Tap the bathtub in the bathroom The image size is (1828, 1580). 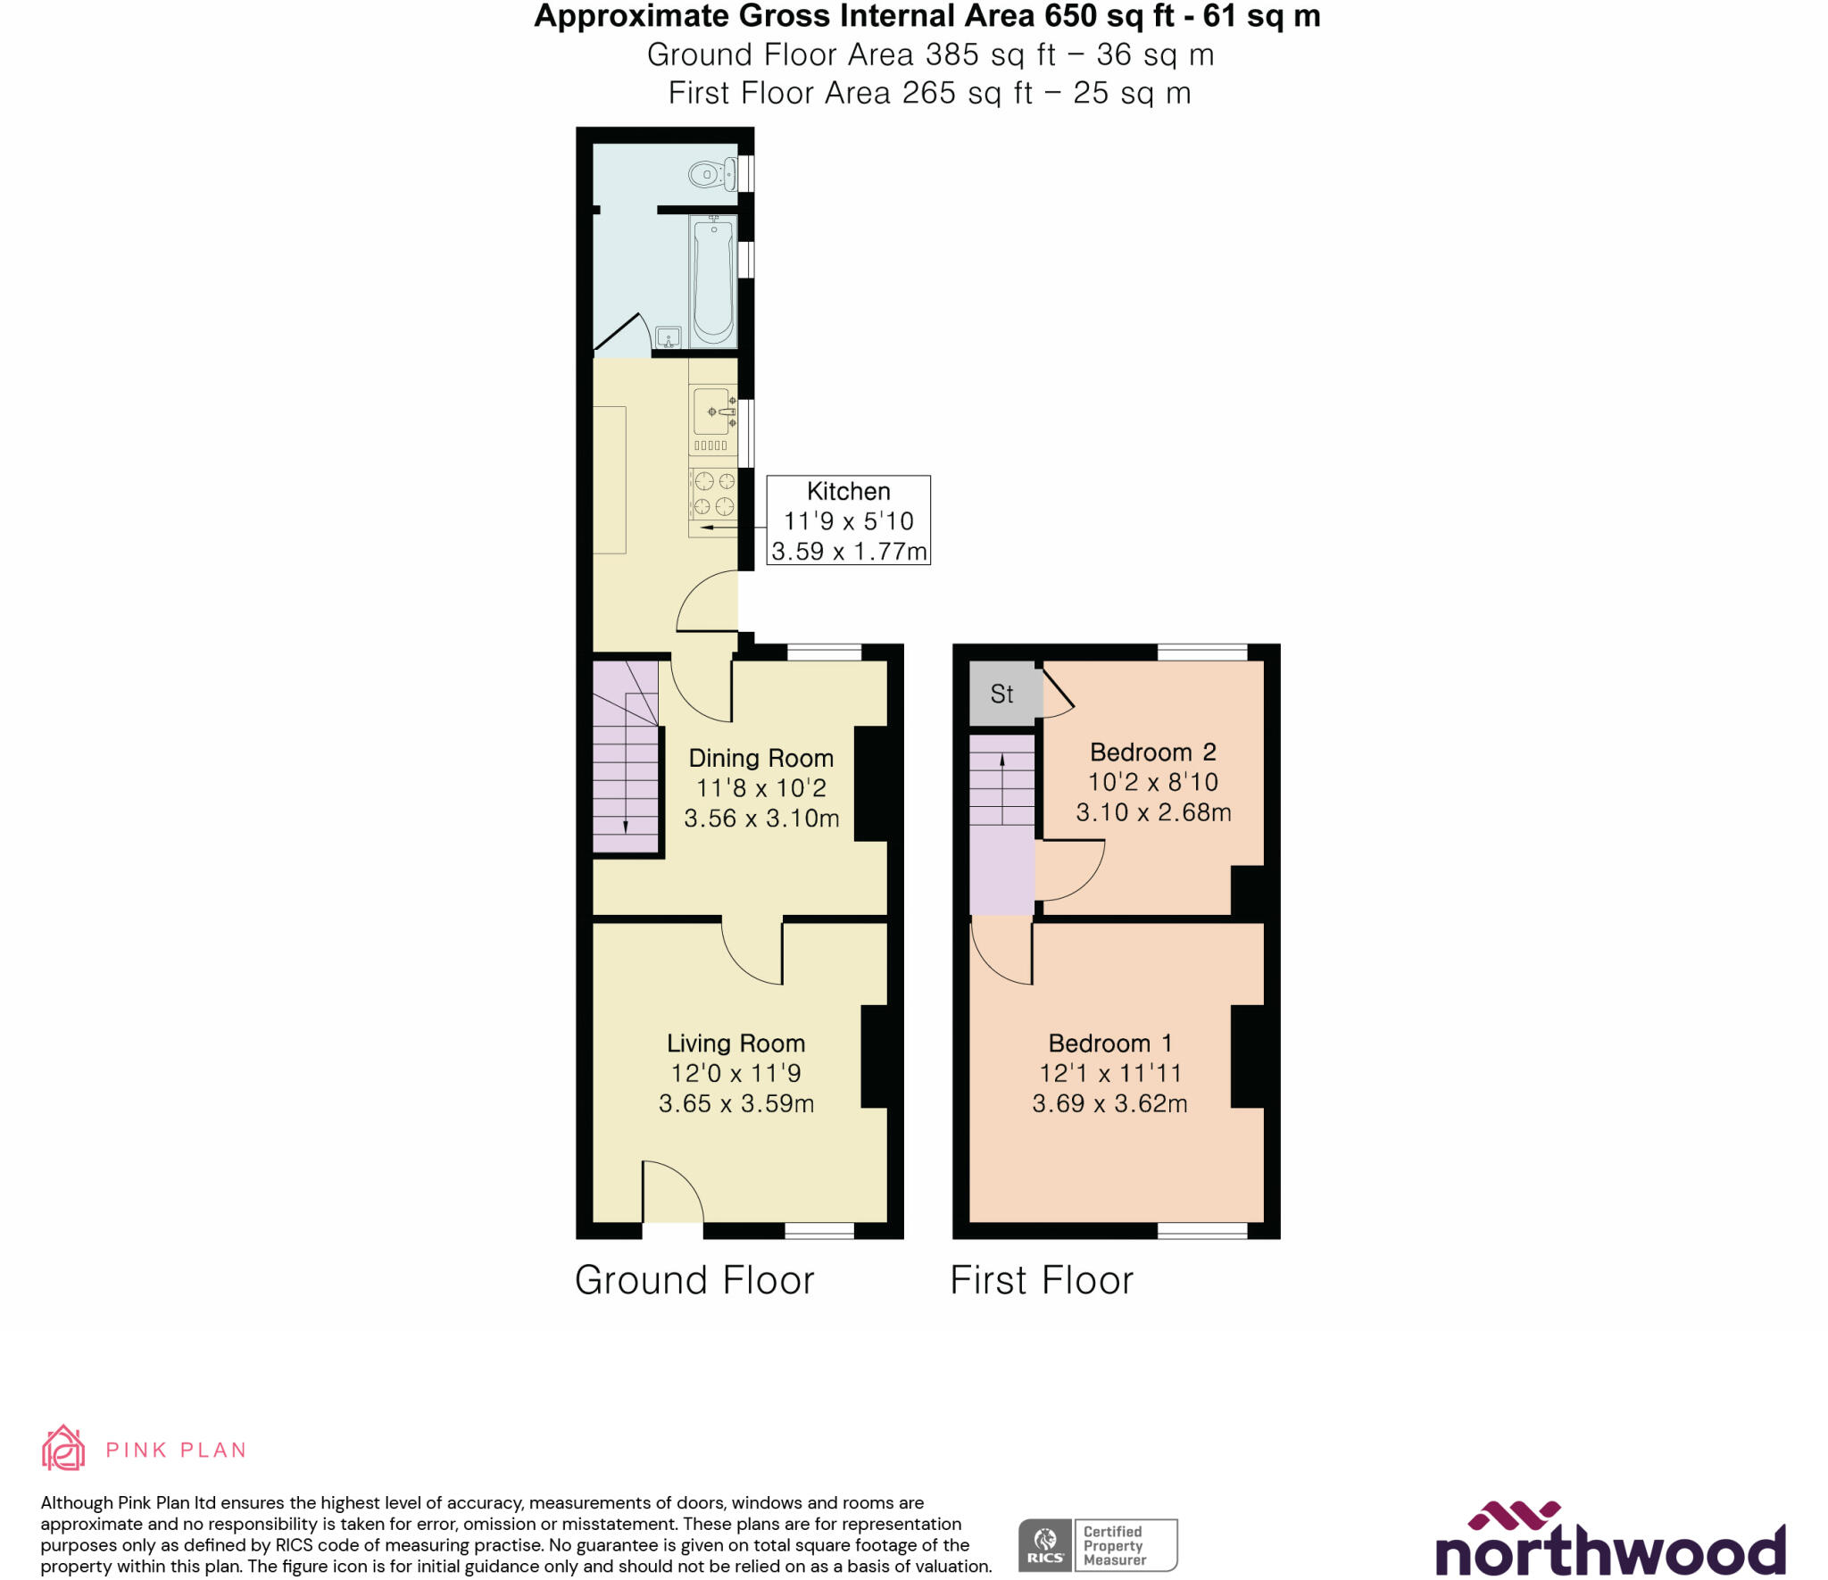pyautogui.click(x=713, y=280)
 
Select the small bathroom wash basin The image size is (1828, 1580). pyautogui.click(x=669, y=337)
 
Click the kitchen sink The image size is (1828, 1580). pyautogui.click(x=712, y=412)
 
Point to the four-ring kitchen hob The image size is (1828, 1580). pyautogui.click(x=714, y=495)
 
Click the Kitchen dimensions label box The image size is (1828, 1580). pyautogui.click(x=848, y=520)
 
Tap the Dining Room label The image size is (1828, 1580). pyautogui.click(x=760, y=759)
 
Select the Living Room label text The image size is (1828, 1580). pyautogui.click(x=735, y=1044)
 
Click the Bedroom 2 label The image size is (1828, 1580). pyautogui.click(x=1152, y=753)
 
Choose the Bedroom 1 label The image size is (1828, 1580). pyautogui.click(x=1109, y=1044)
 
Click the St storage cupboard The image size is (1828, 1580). pyautogui.click(x=1002, y=694)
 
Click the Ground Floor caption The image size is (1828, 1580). pyautogui.click(x=694, y=1280)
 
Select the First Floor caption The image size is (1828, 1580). pyautogui.click(x=1042, y=1280)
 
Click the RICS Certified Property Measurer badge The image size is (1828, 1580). pyautogui.click(x=1097, y=1545)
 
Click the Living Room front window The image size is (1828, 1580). pyautogui.click(x=819, y=1231)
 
